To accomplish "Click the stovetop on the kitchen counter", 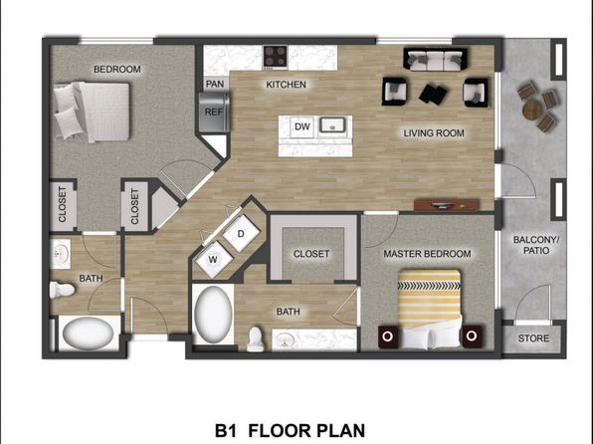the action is coord(275,57).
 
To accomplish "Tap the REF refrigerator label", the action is coord(214,112).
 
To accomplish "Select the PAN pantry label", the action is coord(215,84).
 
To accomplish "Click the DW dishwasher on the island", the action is coord(301,126).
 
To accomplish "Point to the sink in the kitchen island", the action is coord(331,124).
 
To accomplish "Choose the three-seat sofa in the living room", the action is coord(435,59).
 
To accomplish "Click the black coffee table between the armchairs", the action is coord(433,94).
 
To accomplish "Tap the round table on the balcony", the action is coord(532,110).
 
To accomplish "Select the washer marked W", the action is coord(213,260).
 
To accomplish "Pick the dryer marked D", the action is coord(241,234).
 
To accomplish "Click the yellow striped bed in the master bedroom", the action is coord(429,309).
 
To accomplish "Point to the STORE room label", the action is coord(533,338).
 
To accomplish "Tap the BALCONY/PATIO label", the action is coord(536,245).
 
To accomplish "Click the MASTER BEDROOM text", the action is coord(427,254).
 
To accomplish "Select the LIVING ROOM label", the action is coord(434,133).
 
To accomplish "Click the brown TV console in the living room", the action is coord(447,205).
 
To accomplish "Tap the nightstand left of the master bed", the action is coord(388,336).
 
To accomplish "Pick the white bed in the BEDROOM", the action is coord(92,111).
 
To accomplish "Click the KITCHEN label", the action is coord(286,85).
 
